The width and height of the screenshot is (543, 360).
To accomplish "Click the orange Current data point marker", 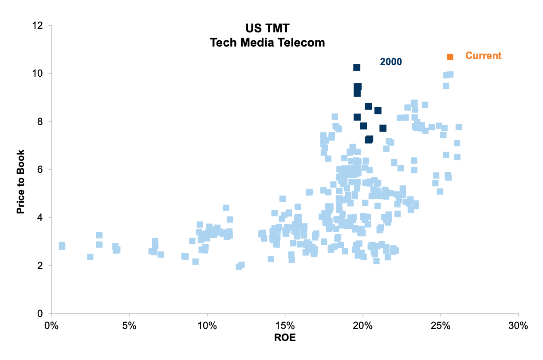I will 450,57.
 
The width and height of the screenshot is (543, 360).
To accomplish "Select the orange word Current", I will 483,56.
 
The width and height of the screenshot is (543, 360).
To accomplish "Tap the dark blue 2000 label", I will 391,62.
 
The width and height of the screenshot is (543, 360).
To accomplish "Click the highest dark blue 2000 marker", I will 357,67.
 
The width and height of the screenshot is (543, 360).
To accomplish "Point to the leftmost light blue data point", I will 62,246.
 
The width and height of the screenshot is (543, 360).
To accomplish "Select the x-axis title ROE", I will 285,338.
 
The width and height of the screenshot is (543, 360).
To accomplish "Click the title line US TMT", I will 268,29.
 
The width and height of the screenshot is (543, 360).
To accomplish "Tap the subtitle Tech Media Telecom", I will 268,43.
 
